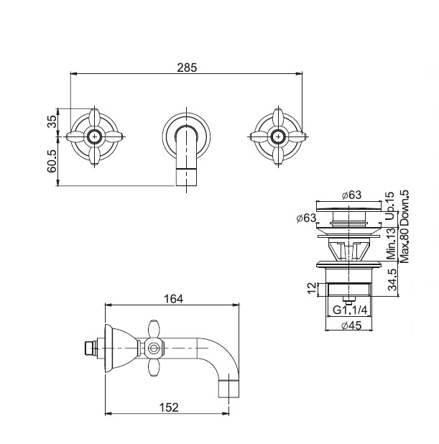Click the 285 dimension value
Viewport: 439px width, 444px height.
point(187,68)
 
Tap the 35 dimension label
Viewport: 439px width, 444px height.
point(52,122)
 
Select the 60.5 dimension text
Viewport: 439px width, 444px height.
point(52,162)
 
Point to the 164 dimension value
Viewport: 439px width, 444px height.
point(174,299)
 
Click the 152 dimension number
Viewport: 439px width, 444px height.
point(169,407)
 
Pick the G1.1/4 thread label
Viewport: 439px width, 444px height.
point(350,310)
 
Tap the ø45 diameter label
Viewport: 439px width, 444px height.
point(351,325)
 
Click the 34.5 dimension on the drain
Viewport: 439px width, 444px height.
point(392,279)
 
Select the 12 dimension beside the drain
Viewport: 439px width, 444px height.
point(312,289)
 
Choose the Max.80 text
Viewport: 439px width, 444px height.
point(405,245)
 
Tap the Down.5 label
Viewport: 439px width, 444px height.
point(405,208)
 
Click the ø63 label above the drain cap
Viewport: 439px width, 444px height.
point(351,195)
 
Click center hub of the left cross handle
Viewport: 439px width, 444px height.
point(94,137)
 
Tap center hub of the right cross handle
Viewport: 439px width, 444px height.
point(278,137)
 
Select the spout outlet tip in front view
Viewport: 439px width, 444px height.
point(186,177)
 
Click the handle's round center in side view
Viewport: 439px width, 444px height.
point(153,348)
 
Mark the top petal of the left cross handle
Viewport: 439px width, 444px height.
point(94,119)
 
